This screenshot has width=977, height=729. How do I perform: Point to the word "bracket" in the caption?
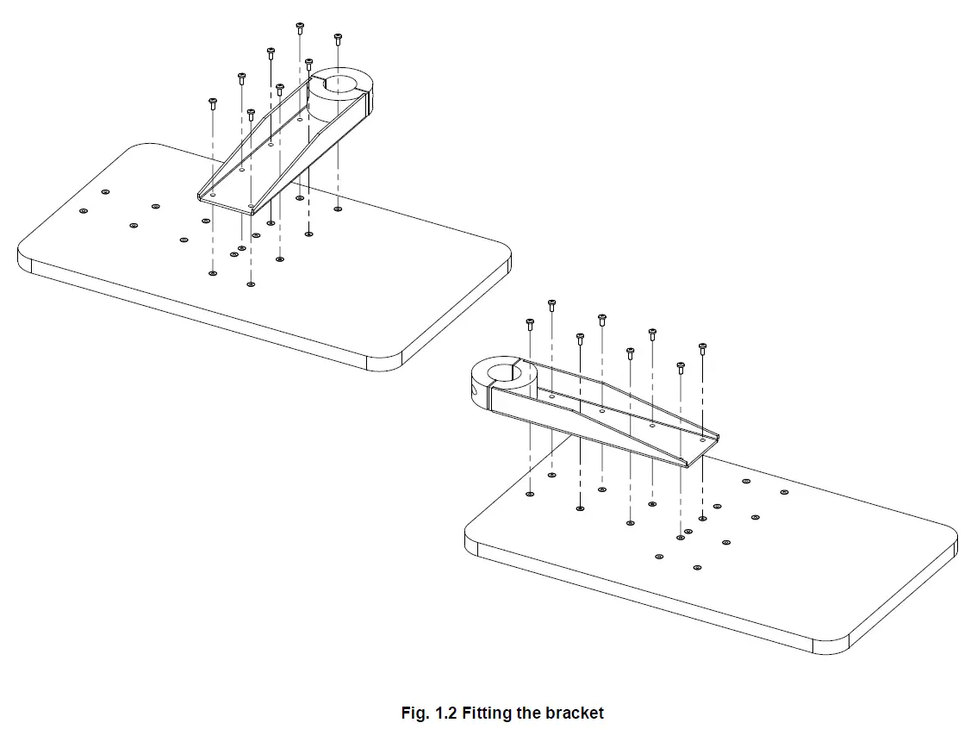[x=575, y=713]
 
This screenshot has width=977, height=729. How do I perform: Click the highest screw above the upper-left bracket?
[x=300, y=28]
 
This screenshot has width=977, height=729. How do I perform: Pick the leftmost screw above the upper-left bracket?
[x=213, y=103]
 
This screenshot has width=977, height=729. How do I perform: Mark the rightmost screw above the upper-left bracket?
[x=338, y=39]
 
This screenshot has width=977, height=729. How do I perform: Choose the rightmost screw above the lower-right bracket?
[x=703, y=348]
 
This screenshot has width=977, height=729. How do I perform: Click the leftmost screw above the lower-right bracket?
[x=529, y=324]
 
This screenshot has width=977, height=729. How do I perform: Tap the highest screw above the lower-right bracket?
[x=551, y=305]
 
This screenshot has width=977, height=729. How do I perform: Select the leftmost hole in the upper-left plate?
[x=84, y=211]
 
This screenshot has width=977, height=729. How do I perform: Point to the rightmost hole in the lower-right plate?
[x=784, y=492]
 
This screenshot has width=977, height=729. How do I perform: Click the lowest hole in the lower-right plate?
[x=697, y=568]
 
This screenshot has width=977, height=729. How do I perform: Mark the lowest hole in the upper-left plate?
[x=251, y=283]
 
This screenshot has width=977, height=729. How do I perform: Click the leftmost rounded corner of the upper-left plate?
[x=24, y=257]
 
